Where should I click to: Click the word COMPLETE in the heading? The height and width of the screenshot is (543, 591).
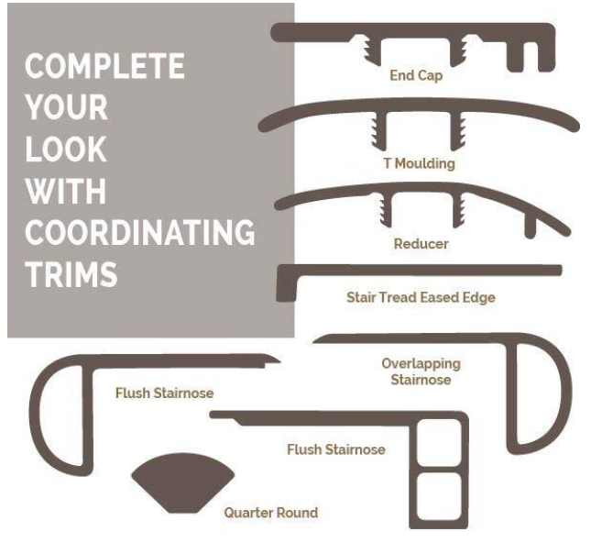click(x=104, y=66)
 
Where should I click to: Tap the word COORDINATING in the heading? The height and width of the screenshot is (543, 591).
click(x=140, y=232)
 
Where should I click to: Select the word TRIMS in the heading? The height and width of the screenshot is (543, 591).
click(x=71, y=274)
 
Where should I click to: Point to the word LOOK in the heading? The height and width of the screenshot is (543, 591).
click(x=66, y=149)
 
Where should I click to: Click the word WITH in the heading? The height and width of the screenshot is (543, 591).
click(x=66, y=191)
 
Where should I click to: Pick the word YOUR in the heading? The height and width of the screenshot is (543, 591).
click(x=66, y=107)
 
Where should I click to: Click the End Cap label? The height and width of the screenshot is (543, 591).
click(x=416, y=75)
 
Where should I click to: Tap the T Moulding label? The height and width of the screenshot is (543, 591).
click(x=419, y=163)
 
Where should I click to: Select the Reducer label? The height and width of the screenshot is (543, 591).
click(x=421, y=244)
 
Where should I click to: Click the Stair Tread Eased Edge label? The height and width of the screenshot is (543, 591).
click(x=421, y=297)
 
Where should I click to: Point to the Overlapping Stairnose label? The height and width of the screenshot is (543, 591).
click(x=421, y=371)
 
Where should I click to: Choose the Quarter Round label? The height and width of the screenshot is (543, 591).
click(x=271, y=513)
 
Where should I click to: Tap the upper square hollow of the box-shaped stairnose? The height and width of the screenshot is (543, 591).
click(x=439, y=443)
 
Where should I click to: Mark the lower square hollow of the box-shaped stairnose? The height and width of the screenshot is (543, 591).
click(x=439, y=496)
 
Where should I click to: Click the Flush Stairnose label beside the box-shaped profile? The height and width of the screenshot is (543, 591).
click(x=336, y=449)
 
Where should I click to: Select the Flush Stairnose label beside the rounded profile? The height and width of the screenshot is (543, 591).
click(x=165, y=393)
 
